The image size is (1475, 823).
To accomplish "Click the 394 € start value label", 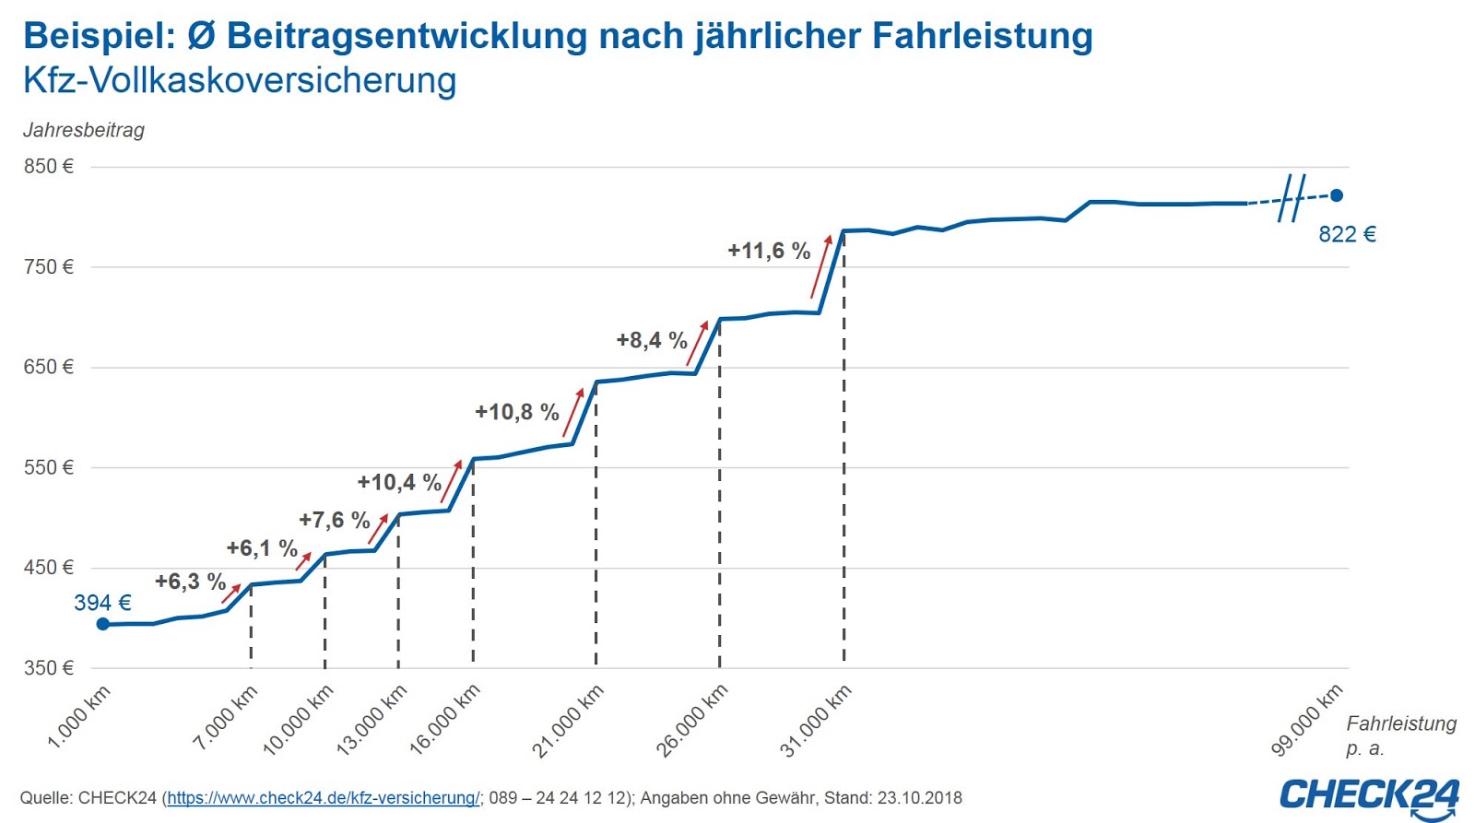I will click(x=102, y=603).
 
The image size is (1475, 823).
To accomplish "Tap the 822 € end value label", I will click(x=1346, y=234).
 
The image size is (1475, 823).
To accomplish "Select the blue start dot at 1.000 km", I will click(x=103, y=624).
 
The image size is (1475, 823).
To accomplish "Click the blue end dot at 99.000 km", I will click(x=1336, y=195).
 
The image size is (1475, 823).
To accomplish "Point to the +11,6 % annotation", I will click(x=768, y=251).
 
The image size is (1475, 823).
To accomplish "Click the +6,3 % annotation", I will click(x=190, y=582).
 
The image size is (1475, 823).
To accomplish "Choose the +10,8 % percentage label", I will click(x=516, y=412).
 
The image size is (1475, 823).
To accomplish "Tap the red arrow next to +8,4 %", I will click(x=698, y=342).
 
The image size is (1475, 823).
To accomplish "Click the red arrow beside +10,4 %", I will click(x=452, y=479).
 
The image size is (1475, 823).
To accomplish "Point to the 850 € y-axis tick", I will click(x=49, y=167).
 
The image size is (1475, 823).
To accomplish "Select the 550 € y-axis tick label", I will click(x=49, y=467).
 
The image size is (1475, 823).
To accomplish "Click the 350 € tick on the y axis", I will click(x=49, y=667).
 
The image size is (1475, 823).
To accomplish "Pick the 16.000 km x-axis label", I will click(x=445, y=720).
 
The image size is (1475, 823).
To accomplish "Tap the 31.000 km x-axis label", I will click(x=817, y=721).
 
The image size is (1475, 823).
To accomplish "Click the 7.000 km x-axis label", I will click(x=226, y=717).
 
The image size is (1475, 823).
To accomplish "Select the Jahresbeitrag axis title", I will click(x=84, y=130).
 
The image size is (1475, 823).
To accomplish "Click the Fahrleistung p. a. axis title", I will click(x=1399, y=735).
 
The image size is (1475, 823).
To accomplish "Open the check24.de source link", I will click(x=323, y=798).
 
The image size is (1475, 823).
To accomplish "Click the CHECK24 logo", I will click(x=1369, y=796).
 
